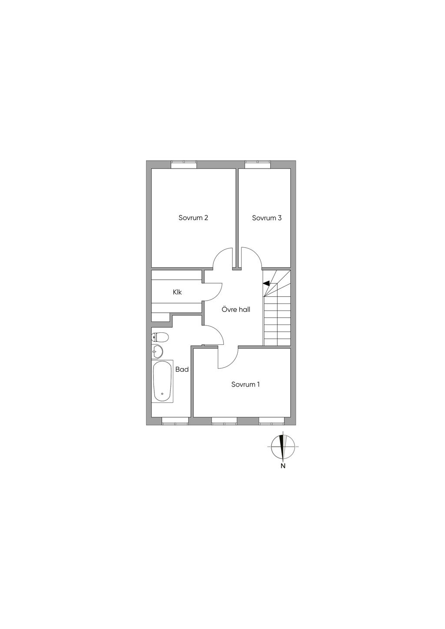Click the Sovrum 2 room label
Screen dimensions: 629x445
pyautogui.click(x=193, y=218)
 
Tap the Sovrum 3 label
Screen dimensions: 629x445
pyautogui.click(x=266, y=218)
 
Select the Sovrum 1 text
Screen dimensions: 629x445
pyautogui.click(x=245, y=384)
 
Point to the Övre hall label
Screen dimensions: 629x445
pyautogui.click(x=236, y=310)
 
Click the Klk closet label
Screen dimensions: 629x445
pyautogui.click(x=177, y=292)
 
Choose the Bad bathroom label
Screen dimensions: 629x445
pyautogui.click(x=182, y=369)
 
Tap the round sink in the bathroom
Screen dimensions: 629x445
pyautogui.click(x=157, y=351)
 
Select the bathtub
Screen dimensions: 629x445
pyautogui.click(x=162, y=381)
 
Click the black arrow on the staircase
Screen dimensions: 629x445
pyautogui.click(x=266, y=283)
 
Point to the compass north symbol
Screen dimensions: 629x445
pyautogui.click(x=283, y=447)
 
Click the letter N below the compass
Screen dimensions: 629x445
pyautogui.click(x=283, y=467)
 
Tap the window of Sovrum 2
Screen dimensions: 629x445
pyautogui.click(x=184, y=164)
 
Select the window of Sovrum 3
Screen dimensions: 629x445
pyautogui.click(x=258, y=164)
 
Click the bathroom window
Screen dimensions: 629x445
pyautogui.click(x=175, y=420)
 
